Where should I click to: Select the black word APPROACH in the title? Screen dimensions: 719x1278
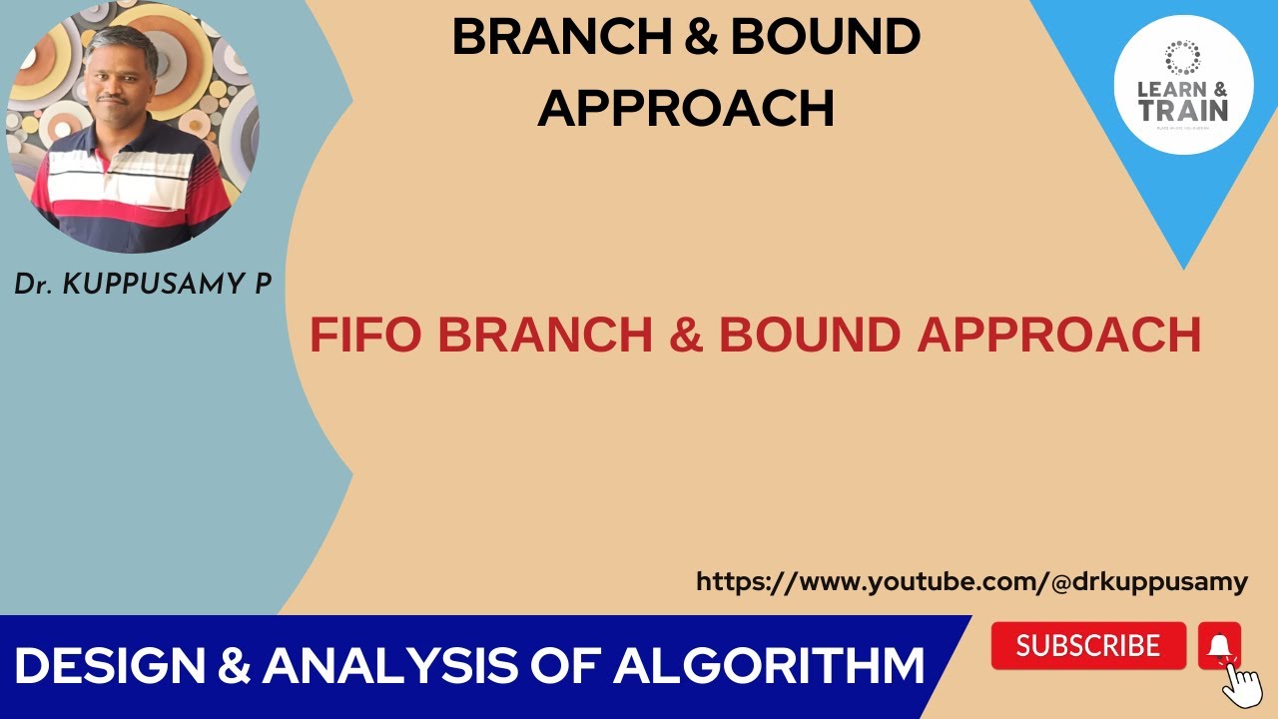tap(686, 108)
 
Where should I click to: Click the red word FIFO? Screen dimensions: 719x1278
tap(365, 336)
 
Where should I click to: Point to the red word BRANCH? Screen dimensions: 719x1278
tap(544, 336)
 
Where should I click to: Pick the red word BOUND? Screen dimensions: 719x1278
tap(811, 336)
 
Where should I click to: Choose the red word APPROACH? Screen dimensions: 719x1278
tap(1059, 336)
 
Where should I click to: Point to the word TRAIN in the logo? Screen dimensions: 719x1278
tap(1183, 109)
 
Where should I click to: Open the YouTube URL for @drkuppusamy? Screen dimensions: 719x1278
tap(971, 582)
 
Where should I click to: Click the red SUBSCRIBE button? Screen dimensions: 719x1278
tap(1088, 646)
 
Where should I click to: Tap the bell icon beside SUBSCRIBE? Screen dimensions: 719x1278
tap(1219, 645)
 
